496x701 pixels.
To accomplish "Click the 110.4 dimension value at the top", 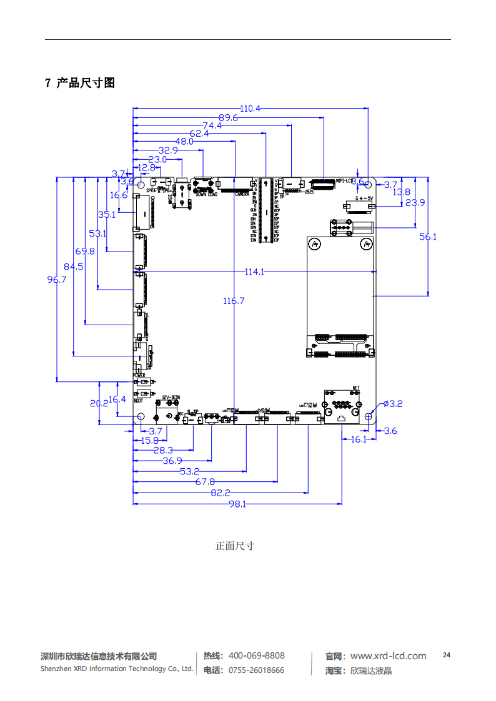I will click(250, 109).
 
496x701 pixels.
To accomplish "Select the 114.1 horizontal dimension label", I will click(254, 272).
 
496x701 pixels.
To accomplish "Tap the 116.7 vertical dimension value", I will click(234, 301).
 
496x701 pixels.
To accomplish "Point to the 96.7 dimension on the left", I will click(57, 280).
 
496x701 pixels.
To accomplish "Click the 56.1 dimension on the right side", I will click(428, 237).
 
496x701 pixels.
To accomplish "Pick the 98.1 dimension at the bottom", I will click(237, 504).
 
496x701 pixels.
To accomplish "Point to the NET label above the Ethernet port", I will click(356, 388).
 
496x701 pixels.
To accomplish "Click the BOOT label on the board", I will click(139, 401).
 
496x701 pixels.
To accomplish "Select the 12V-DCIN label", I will click(171, 397).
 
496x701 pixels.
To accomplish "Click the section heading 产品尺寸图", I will click(86, 83).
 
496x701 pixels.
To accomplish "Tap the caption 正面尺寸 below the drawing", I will click(235, 546).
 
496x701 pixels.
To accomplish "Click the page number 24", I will click(446, 655).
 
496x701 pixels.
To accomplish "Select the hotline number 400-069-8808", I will click(256, 655).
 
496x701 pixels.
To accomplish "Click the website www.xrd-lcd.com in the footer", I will click(388, 655).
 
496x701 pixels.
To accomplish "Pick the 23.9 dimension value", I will click(415, 202).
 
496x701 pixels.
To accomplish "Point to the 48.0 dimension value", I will click(184, 142).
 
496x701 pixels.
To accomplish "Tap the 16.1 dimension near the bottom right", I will click(358, 439).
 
